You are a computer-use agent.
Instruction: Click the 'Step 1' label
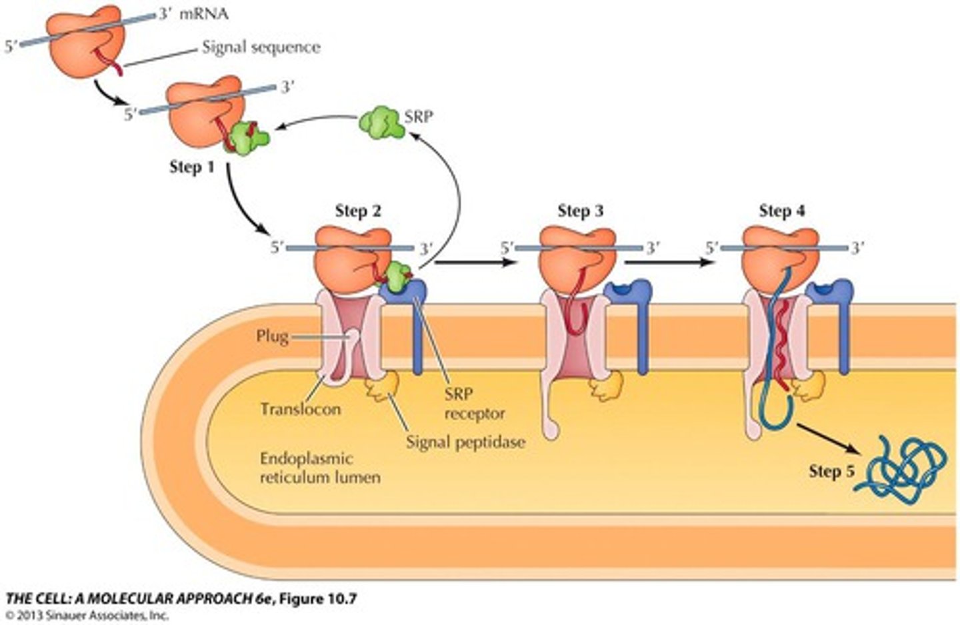click(192, 167)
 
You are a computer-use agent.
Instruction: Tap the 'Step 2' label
click(358, 211)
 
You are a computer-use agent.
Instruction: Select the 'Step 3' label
click(580, 211)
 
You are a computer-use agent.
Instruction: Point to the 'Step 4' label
click(781, 211)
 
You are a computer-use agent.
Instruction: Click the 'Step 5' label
click(831, 471)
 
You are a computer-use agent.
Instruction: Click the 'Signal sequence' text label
click(261, 47)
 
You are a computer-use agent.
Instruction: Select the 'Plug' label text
click(272, 336)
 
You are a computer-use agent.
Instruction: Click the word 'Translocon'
click(300, 408)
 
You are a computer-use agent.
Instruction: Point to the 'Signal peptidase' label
click(465, 441)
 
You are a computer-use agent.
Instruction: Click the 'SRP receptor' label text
click(474, 403)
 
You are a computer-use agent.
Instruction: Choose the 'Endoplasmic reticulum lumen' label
click(319, 468)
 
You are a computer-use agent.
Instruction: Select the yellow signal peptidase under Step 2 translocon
click(383, 387)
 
